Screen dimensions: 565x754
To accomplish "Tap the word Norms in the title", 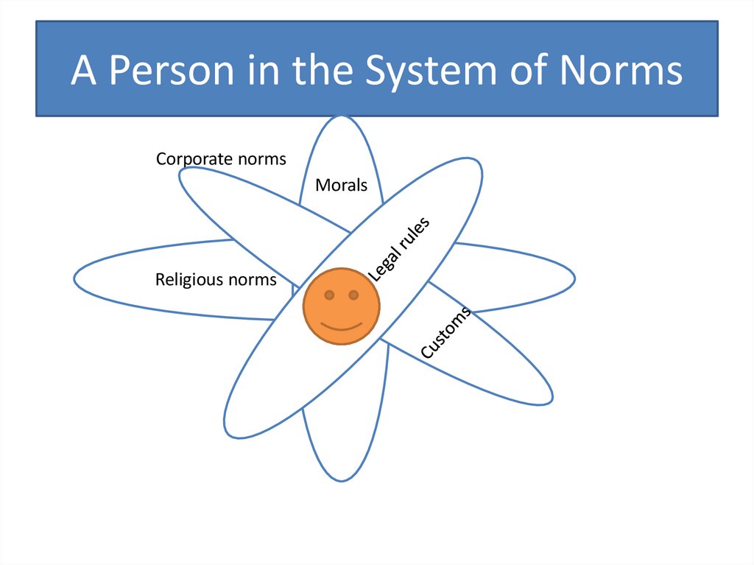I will coord(621,71).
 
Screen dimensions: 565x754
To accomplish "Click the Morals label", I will coord(341,186).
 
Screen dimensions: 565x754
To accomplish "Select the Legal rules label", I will coord(398,249).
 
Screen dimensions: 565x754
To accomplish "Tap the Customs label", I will coord(445,333).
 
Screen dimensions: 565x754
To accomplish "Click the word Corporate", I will coord(194,159).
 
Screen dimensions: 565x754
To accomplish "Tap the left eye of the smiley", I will coord(330,295).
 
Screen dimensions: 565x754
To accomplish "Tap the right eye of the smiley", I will coord(353,295).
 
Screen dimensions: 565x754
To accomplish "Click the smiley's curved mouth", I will coord(342,325).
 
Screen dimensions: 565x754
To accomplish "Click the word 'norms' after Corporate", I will coord(261,159).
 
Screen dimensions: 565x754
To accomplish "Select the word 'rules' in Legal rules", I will coord(415,233).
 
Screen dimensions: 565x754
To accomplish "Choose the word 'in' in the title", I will coord(267,71).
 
